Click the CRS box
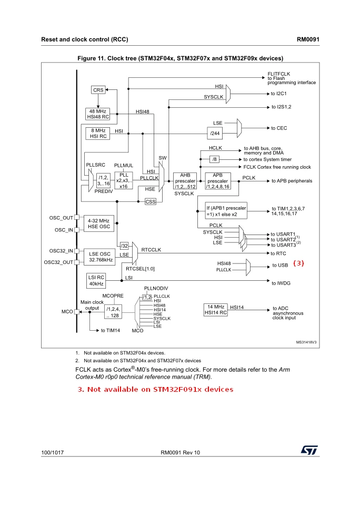click(x=98, y=90)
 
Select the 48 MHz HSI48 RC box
click(x=98, y=114)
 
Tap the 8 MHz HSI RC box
click(x=98, y=134)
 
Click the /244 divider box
click(x=215, y=133)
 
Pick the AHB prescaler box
click(x=185, y=181)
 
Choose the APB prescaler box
click(x=218, y=181)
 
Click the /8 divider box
click(x=214, y=159)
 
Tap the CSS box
click(x=151, y=201)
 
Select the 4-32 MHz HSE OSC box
click(x=99, y=223)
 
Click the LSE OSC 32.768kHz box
click(x=99, y=257)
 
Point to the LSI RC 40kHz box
click(x=96, y=280)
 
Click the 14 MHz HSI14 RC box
click(x=215, y=310)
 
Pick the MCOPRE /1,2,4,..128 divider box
click(x=113, y=312)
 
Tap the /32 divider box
click(x=124, y=246)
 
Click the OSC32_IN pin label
click(x=61, y=251)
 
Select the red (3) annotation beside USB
click(x=298, y=263)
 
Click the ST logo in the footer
click(x=309, y=450)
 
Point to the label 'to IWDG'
click(x=281, y=283)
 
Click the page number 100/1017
click(x=53, y=453)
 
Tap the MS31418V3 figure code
click(x=306, y=342)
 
